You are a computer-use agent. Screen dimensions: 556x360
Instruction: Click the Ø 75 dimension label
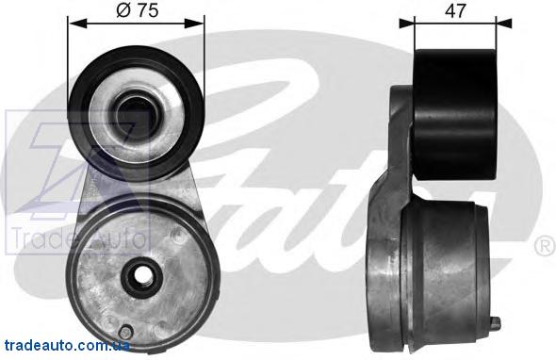[x=137, y=10]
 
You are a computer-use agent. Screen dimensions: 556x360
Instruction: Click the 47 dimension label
[x=455, y=11]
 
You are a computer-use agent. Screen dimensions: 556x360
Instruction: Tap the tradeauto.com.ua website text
[x=67, y=345]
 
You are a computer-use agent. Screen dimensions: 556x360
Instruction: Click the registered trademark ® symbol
[x=545, y=246]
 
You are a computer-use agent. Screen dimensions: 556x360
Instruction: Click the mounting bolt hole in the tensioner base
[x=142, y=275]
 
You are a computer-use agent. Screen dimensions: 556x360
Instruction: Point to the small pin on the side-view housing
[x=496, y=322]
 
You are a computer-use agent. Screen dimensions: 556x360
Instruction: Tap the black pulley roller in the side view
[x=456, y=115]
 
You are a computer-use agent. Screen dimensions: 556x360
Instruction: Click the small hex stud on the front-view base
[x=125, y=333]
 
